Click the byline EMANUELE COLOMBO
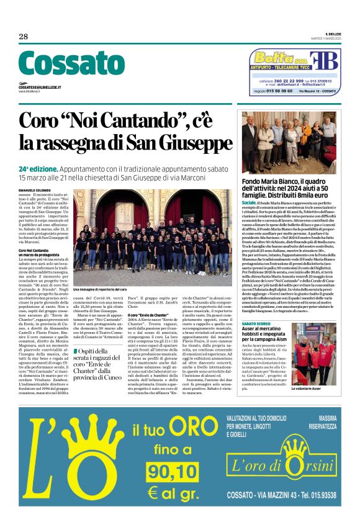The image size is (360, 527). point(34,190)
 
